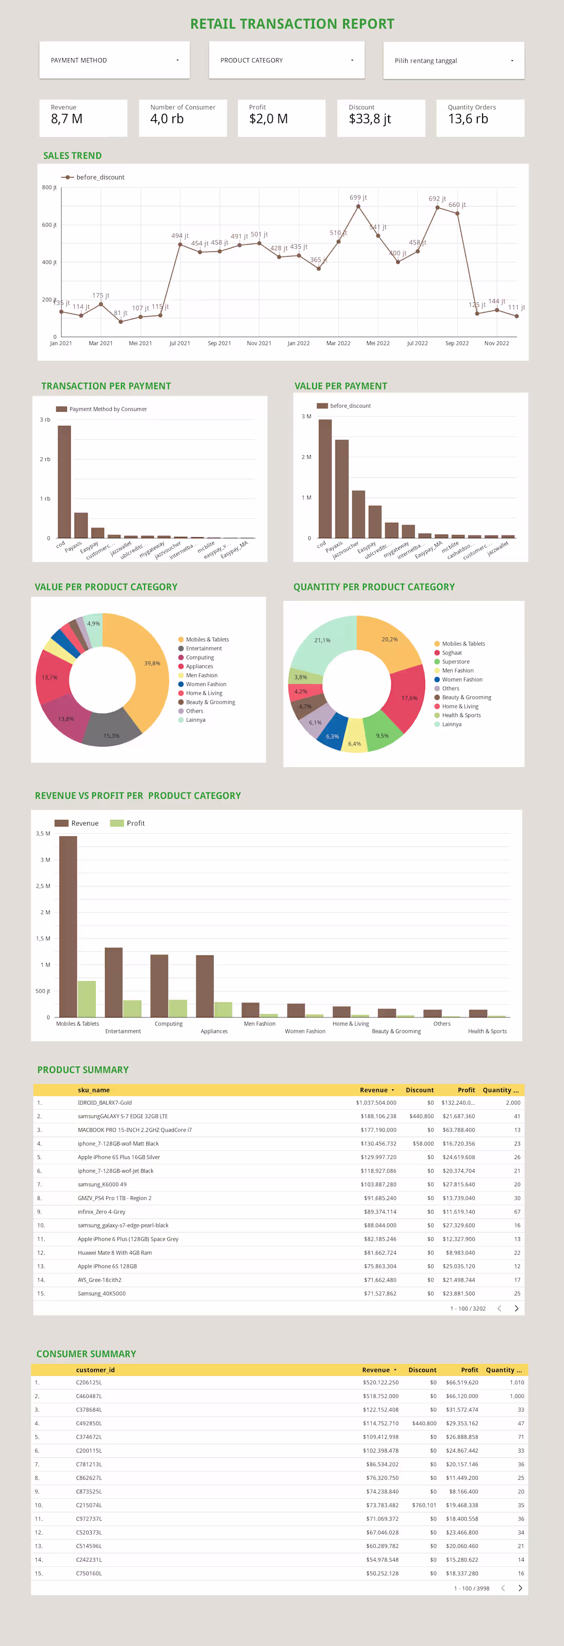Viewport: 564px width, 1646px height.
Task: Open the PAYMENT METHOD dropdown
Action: point(114,60)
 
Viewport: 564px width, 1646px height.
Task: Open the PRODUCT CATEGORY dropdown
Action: point(286,60)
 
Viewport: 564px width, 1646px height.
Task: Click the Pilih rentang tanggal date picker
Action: point(453,61)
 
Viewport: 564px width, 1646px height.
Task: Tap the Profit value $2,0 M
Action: point(268,119)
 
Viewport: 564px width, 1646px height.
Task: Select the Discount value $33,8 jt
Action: point(370,119)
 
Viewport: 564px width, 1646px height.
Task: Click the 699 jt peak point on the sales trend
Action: point(358,206)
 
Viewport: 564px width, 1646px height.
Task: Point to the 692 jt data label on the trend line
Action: point(437,199)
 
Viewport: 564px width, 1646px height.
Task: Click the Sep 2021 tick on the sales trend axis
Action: point(219,343)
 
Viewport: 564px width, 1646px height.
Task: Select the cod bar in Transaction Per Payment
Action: point(64,481)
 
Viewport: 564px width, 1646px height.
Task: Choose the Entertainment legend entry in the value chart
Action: point(204,649)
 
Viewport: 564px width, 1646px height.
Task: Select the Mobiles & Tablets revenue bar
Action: point(68,927)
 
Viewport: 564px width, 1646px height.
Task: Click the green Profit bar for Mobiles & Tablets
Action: point(87,998)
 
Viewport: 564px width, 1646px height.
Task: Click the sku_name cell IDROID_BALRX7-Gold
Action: point(105,1103)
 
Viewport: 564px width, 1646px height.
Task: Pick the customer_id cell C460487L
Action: point(89,1396)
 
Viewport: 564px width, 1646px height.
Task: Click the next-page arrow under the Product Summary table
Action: point(516,1308)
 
